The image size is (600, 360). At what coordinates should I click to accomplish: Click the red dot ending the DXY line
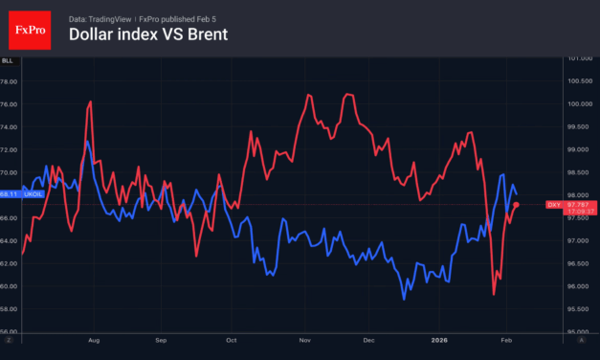click(516, 204)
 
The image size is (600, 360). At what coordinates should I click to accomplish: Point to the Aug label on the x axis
click(93, 339)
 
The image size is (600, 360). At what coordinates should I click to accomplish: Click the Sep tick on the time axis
click(161, 339)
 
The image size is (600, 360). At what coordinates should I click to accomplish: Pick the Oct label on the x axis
click(231, 339)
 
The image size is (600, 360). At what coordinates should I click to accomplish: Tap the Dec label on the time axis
click(369, 339)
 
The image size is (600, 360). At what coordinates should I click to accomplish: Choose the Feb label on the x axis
click(508, 339)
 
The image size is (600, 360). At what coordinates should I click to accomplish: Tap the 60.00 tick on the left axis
click(10, 286)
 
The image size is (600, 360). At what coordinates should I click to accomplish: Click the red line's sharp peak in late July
click(89, 101)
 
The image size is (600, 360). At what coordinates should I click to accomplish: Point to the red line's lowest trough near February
click(494, 294)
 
